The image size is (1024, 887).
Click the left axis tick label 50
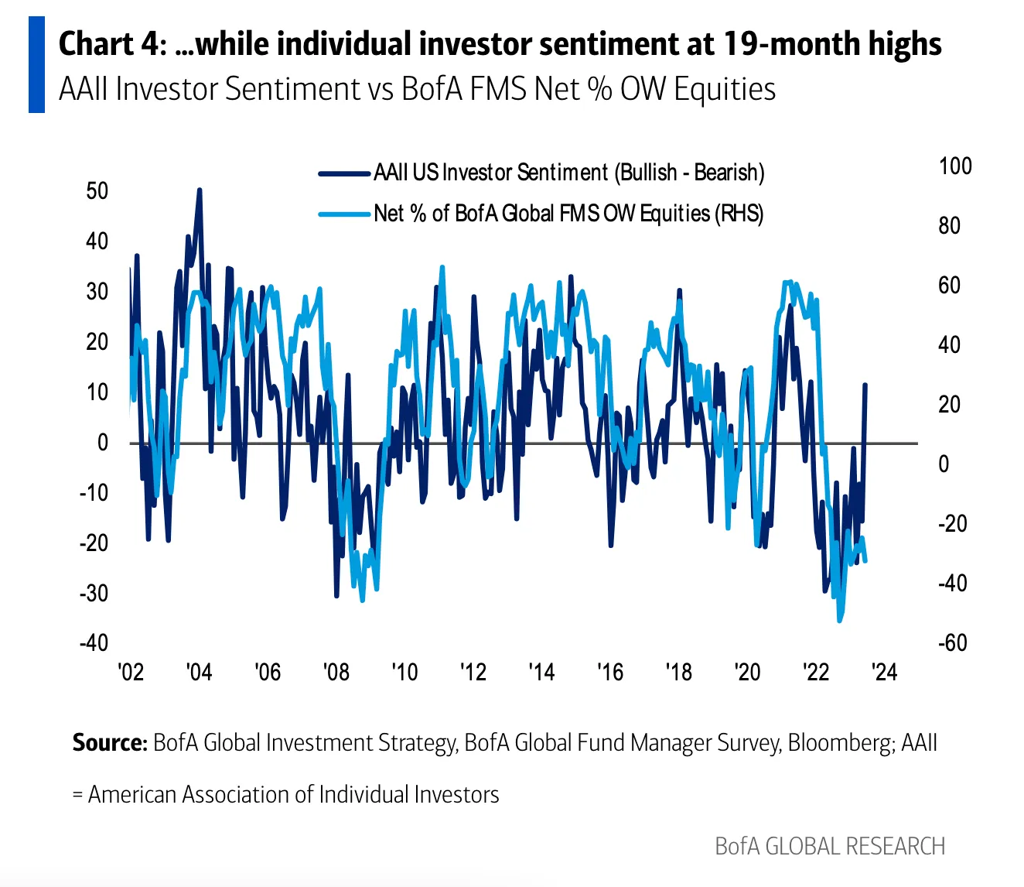(x=97, y=191)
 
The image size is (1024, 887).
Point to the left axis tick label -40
(x=94, y=642)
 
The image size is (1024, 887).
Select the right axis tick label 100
(x=955, y=166)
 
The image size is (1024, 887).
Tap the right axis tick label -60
(x=952, y=642)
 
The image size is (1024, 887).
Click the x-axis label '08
(x=336, y=673)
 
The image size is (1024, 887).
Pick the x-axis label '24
(x=884, y=673)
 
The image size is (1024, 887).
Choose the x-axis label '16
(x=610, y=673)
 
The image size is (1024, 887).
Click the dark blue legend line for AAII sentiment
(x=344, y=173)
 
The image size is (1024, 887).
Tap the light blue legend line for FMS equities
(x=344, y=214)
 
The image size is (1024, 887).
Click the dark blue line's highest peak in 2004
(x=200, y=190)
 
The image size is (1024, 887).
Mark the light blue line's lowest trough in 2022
(x=839, y=621)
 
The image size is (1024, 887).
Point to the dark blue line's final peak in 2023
(x=865, y=384)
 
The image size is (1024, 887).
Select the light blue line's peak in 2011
(x=442, y=267)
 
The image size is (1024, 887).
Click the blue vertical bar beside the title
(x=36, y=64)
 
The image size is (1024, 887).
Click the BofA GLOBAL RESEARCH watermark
(x=831, y=846)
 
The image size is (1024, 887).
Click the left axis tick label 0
(x=103, y=442)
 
